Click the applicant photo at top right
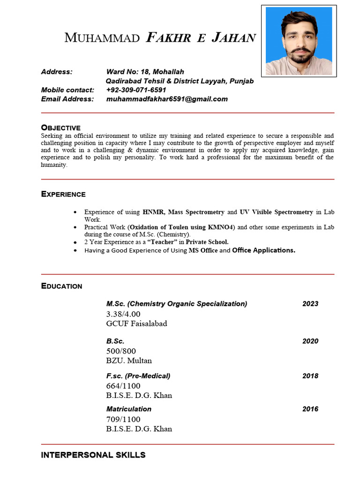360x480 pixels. pyautogui.click(x=299, y=41)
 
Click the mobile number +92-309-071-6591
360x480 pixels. pyautogui.click(x=136, y=90)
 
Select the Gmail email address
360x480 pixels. pyautogui.click(x=167, y=99)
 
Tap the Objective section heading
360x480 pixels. pyautogui.click(x=60, y=127)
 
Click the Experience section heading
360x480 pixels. pyautogui.click(x=63, y=194)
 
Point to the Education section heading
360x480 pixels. pyautogui.click(x=61, y=286)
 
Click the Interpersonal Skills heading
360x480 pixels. pyautogui.click(x=93, y=455)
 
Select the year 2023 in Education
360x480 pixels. pyautogui.click(x=310, y=304)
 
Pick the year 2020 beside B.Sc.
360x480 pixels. pyautogui.click(x=310, y=341)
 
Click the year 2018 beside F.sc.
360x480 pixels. pyautogui.click(x=310, y=376)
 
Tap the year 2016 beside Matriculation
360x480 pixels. pyautogui.click(x=310, y=409)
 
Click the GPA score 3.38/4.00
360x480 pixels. pyautogui.click(x=123, y=314)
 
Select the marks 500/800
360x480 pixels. pyautogui.click(x=121, y=351)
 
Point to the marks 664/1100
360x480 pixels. pyautogui.click(x=123, y=386)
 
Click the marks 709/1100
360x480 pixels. pyautogui.click(x=123, y=419)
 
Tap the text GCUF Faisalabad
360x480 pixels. pyautogui.click(x=136, y=323)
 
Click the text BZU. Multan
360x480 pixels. pyautogui.click(x=129, y=361)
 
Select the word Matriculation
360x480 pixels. pyautogui.click(x=129, y=409)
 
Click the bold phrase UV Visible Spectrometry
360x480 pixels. pyautogui.click(x=276, y=212)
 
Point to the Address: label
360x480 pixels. pyautogui.click(x=57, y=72)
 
